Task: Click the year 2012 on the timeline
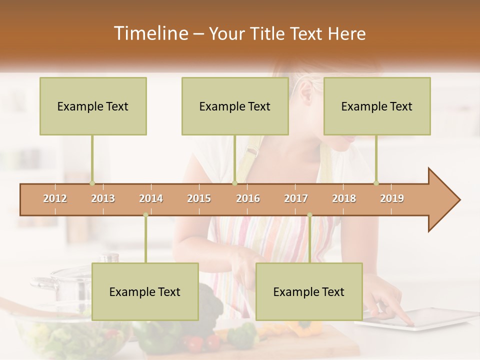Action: (x=55, y=198)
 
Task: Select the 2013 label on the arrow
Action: (x=103, y=198)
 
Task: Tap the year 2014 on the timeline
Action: (x=151, y=198)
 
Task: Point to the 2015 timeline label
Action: (x=199, y=198)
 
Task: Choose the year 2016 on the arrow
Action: (x=248, y=198)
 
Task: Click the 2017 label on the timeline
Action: (x=296, y=198)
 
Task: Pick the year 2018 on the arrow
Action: (x=344, y=198)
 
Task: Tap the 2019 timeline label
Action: (x=392, y=198)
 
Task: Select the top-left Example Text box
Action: (x=93, y=106)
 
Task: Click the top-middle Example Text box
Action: (x=235, y=106)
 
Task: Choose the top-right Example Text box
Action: (x=377, y=106)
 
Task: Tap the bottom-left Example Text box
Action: (x=145, y=291)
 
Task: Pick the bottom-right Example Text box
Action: (x=309, y=291)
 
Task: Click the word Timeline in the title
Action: (x=150, y=33)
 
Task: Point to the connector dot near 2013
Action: (x=92, y=183)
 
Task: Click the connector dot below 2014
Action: (x=145, y=215)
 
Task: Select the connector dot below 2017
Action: (x=309, y=215)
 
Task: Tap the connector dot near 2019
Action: (x=376, y=183)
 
